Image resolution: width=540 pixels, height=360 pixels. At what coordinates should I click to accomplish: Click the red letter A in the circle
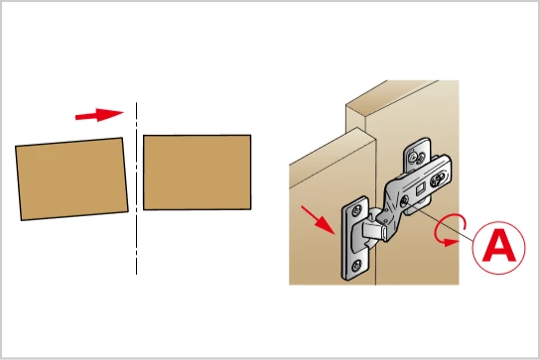[x=499, y=246]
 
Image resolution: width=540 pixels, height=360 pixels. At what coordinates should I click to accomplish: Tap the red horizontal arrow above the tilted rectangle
[x=99, y=115]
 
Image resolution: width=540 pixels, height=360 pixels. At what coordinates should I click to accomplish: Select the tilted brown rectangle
[x=71, y=179]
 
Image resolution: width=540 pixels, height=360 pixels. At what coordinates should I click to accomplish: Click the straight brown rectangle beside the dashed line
[x=197, y=173]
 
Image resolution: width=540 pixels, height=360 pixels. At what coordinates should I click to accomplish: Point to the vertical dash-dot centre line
[x=136, y=188]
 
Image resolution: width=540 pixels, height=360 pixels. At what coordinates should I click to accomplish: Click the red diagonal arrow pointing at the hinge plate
[x=318, y=220]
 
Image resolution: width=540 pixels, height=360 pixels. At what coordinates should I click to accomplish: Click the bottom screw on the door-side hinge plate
[x=356, y=266]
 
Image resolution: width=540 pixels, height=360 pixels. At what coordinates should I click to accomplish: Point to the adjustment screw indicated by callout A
[x=404, y=200]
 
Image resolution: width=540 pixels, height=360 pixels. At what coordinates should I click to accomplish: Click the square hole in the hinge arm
[x=420, y=188]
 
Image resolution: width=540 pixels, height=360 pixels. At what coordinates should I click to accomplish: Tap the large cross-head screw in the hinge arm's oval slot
[x=438, y=179]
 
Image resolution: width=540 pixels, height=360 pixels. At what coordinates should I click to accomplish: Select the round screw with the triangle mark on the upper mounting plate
[x=413, y=158]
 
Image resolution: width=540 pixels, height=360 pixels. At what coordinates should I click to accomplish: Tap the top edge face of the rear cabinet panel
[x=393, y=98]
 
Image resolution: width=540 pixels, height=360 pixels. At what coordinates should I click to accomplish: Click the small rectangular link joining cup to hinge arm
[x=374, y=230]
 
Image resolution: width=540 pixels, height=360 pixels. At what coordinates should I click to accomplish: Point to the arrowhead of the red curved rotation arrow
[x=451, y=242]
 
